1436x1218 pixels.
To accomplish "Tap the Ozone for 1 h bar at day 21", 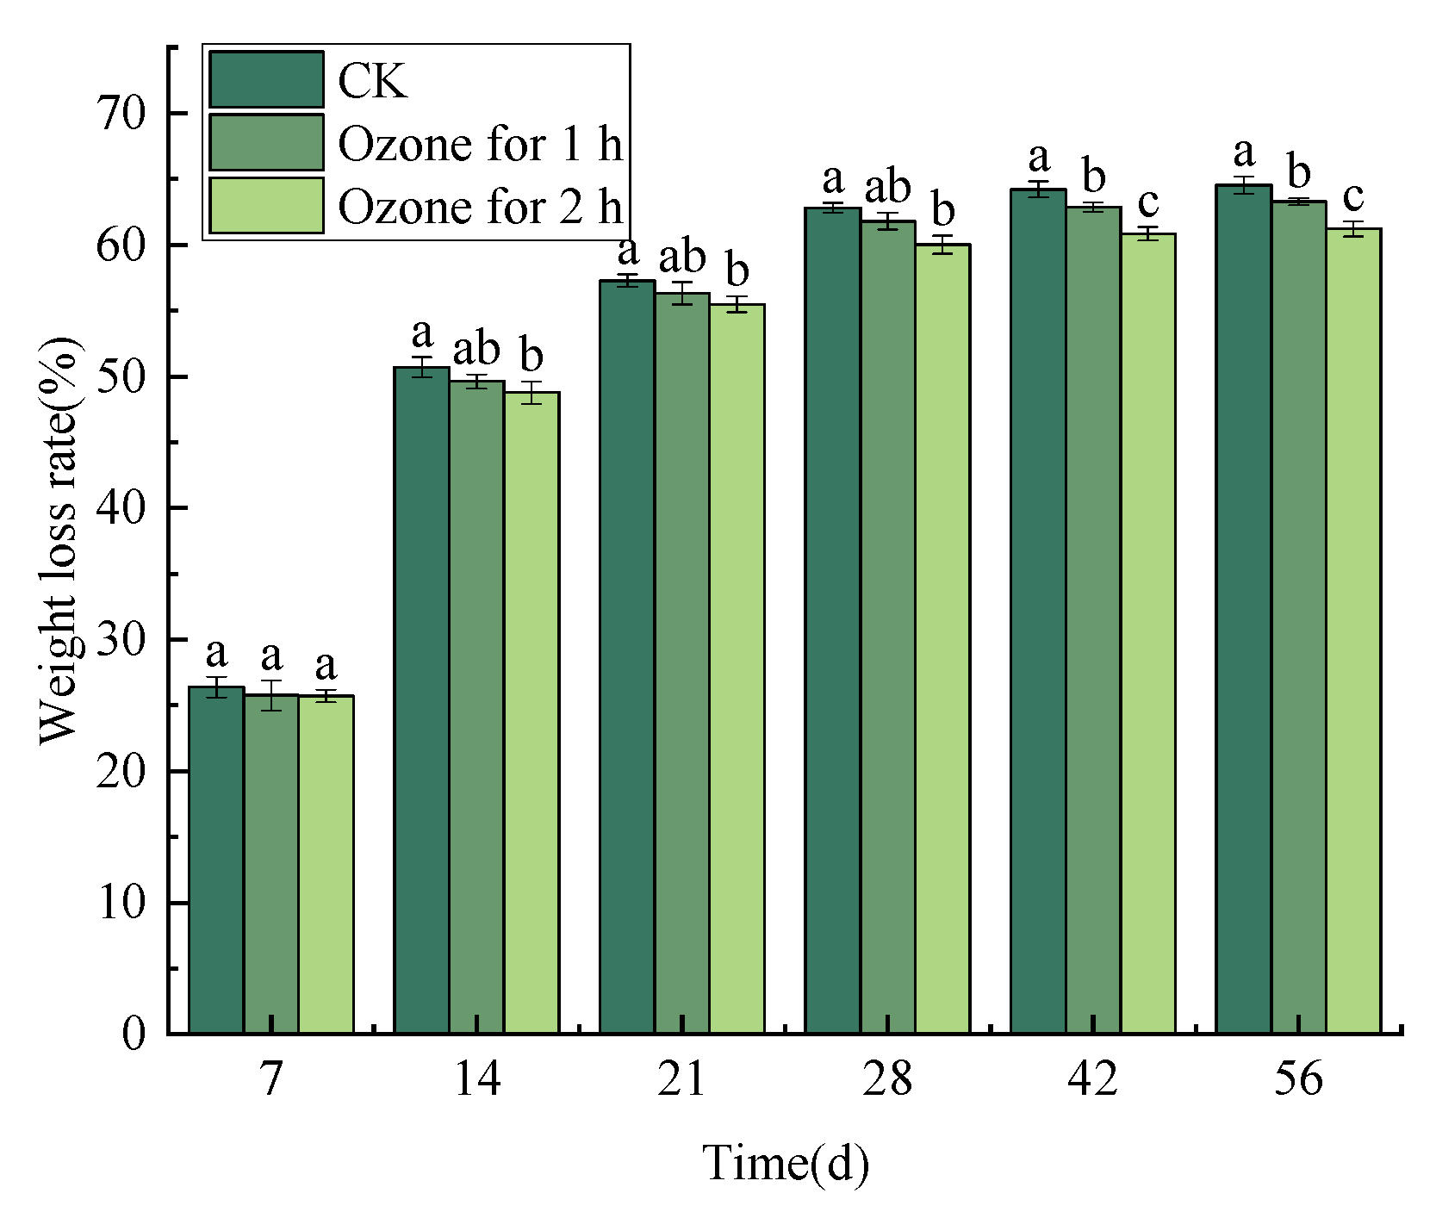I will pos(682,663).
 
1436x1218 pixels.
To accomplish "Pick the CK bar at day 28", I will pos(833,620).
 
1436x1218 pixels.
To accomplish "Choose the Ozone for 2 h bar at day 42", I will pos(1148,633).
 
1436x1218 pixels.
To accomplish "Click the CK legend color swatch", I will pos(266,80).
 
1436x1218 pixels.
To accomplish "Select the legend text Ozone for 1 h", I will pos(480,144).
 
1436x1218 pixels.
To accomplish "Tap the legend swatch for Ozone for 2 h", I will pos(266,206).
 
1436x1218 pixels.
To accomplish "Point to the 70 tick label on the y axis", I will pos(121,113).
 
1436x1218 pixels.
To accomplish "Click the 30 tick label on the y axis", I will pos(121,639).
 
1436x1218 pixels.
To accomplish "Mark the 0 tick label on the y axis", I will pos(134,1033).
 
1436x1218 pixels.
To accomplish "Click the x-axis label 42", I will pos(1092,1078).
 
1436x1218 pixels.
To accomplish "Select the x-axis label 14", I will pos(476,1078).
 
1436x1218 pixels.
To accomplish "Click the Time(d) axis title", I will pos(786,1163).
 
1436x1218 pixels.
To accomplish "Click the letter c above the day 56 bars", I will pos(1353,196).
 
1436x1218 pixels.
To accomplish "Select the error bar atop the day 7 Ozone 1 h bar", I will pos(271,694).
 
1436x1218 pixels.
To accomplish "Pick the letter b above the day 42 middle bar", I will pos(1093,176).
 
